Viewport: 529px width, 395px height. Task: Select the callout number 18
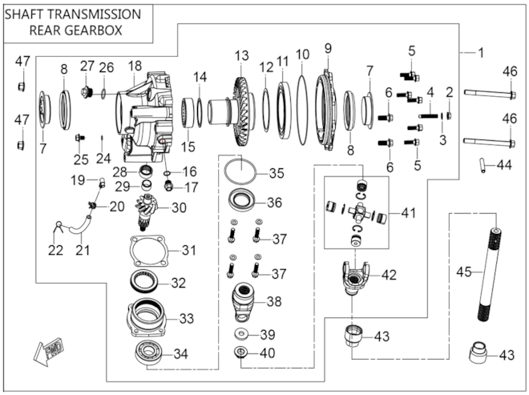pyautogui.click(x=134, y=66)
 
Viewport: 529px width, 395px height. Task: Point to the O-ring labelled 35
pyautogui.click(x=238, y=171)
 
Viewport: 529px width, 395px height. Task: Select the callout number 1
pyautogui.click(x=481, y=53)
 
